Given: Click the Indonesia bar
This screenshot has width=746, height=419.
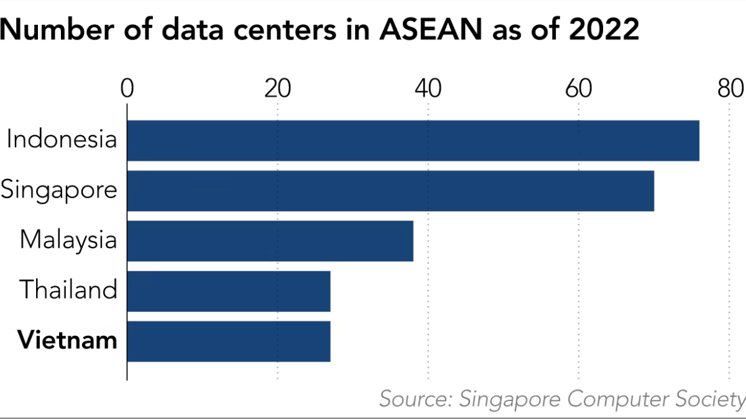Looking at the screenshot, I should (x=413, y=140).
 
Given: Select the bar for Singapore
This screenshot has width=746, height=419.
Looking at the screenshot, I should (x=390, y=191).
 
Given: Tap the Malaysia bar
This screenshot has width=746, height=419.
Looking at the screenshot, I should (x=270, y=240).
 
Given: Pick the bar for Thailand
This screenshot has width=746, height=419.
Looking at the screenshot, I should (x=229, y=291).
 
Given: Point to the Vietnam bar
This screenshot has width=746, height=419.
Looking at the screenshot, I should (x=229, y=341).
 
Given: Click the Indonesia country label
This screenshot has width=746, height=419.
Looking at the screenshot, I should (x=62, y=138).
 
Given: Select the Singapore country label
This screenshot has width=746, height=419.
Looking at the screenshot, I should (x=59, y=189).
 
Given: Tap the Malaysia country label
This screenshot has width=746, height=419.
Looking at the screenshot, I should (x=68, y=240).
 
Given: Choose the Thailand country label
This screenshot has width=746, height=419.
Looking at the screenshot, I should (x=68, y=289).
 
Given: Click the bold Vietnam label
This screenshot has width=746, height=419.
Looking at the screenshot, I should (x=67, y=340).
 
